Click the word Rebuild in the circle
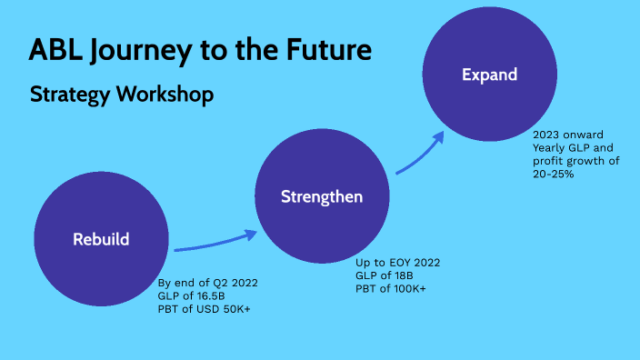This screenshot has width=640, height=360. (x=101, y=240)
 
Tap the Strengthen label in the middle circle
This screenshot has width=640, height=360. (x=322, y=196)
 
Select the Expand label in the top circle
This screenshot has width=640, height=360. (x=489, y=75)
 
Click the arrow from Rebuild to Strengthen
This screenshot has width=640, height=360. (x=216, y=242)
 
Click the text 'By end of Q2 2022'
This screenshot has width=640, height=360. (x=208, y=283)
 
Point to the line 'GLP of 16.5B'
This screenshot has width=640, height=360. (x=192, y=295)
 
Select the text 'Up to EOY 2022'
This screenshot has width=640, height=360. (x=397, y=263)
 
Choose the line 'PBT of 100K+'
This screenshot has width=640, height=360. (x=390, y=288)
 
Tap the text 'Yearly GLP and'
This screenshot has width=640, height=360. (x=573, y=147)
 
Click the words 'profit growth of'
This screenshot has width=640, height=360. (x=576, y=160)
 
